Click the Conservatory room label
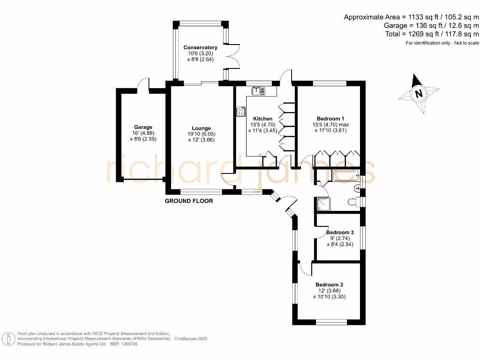[200, 47]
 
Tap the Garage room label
[143, 127]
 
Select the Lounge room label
[201, 128]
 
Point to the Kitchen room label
[262, 119]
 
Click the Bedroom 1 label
[330, 119]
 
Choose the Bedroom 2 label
[329, 285]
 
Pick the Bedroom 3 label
[340, 232]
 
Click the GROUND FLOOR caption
[189, 201]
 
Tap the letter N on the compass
[419, 93]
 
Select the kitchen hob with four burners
[241, 112]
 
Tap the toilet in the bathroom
[353, 202]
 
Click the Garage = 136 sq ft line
[431, 25]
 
